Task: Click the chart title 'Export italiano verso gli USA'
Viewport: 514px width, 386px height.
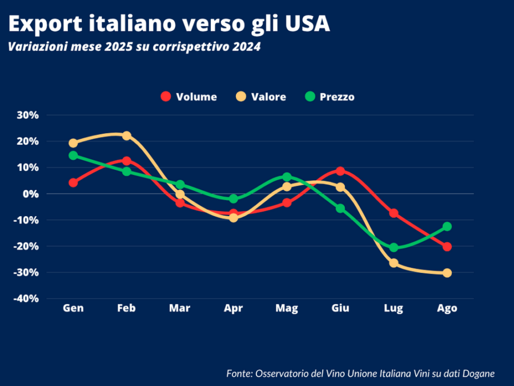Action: (169, 24)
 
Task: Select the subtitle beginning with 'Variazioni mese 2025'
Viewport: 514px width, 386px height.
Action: (134, 47)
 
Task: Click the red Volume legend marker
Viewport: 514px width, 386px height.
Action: (166, 97)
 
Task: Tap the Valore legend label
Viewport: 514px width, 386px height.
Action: (268, 97)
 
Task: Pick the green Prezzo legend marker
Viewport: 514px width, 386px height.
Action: (311, 97)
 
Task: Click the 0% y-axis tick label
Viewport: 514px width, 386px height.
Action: (30, 194)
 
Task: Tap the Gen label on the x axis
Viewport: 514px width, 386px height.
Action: (73, 308)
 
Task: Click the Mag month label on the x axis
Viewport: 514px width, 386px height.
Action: (287, 308)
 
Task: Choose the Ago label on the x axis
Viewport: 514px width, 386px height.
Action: (447, 308)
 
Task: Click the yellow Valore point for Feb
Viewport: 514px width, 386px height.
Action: (127, 136)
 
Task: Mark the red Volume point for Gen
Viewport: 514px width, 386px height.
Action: (73, 182)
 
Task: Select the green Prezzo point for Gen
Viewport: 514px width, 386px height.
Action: (73, 156)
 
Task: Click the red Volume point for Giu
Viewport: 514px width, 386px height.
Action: (340, 171)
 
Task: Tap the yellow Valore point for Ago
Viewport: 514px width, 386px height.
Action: (447, 273)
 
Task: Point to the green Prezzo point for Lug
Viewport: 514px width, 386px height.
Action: (393, 248)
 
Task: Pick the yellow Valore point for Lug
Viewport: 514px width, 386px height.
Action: (393, 263)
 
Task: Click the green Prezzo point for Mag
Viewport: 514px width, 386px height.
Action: (287, 177)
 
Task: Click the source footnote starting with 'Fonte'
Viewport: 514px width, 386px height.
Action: (360, 373)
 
